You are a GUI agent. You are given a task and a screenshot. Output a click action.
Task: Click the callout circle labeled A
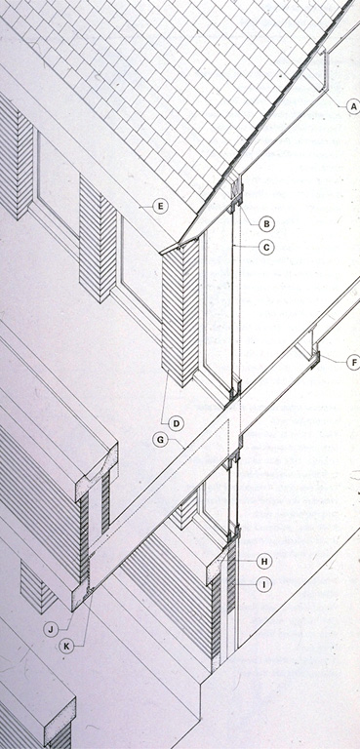point(353,107)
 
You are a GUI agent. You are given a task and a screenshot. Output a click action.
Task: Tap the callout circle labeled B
point(266,223)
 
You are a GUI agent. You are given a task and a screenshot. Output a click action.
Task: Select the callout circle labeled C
point(266,247)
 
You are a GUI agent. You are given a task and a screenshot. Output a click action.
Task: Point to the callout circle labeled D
point(176,423)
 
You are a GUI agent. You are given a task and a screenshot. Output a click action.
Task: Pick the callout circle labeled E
point(161,207)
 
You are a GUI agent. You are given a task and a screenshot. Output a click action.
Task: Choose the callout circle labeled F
point(353,363)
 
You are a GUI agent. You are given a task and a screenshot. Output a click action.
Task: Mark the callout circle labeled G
point(160,440)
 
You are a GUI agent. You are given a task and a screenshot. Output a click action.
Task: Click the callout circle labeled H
point(264,562)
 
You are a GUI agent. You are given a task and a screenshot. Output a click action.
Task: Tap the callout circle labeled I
point(264,584)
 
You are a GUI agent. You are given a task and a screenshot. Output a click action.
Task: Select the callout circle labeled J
point(51,629)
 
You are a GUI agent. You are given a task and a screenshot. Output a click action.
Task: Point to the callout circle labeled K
point(66,647)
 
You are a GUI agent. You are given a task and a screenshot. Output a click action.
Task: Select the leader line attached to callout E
point(146,207)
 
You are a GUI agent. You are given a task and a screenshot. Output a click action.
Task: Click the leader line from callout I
point(245,584)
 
